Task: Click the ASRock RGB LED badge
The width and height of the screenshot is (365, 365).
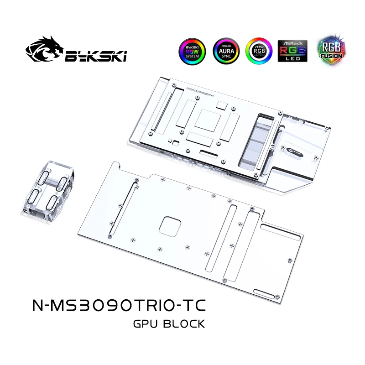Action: [292, 51]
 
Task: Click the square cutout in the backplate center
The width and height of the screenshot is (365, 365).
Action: [171, 226]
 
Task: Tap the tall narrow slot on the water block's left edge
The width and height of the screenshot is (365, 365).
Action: [160, 109]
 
